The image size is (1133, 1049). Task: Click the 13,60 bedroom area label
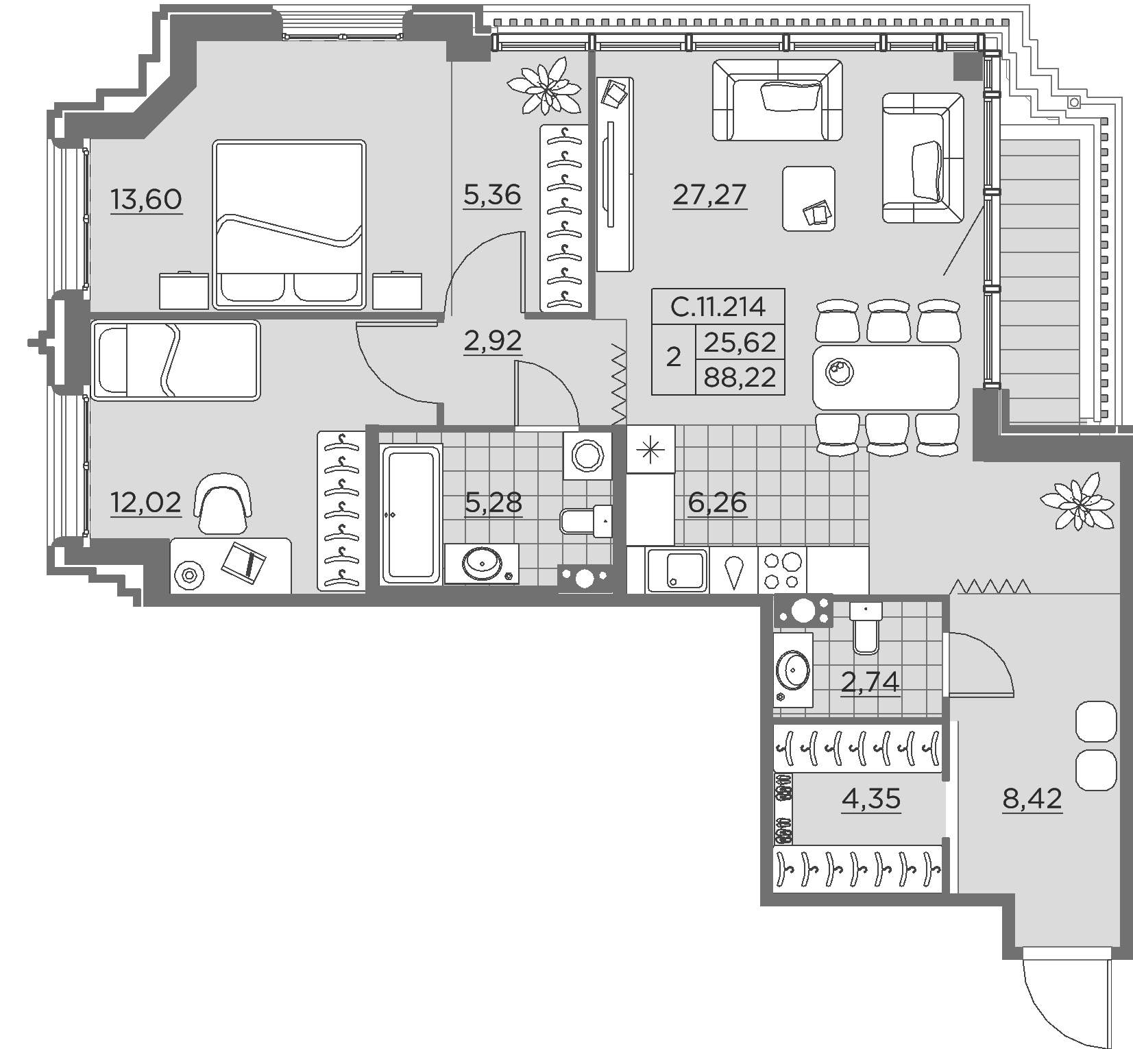pos(146,200)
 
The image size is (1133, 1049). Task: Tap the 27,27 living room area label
pos(709,195)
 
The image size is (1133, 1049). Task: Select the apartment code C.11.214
pos(718,306)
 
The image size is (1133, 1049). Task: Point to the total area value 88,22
pos(740,378)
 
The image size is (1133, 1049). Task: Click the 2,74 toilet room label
pos(870,683)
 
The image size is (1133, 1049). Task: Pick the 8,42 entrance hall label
pos(1032,799)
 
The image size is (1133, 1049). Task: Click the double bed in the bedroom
pos(289,224)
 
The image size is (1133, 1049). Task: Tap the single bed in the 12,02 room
pos(175,361)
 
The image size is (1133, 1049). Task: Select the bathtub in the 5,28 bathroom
pos(411,514)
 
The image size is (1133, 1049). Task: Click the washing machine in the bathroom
pos(587,455)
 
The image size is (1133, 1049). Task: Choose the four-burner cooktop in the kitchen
pos(782,570)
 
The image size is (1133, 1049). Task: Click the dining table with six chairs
pos(886,377)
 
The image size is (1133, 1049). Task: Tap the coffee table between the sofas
pos(809,198)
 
